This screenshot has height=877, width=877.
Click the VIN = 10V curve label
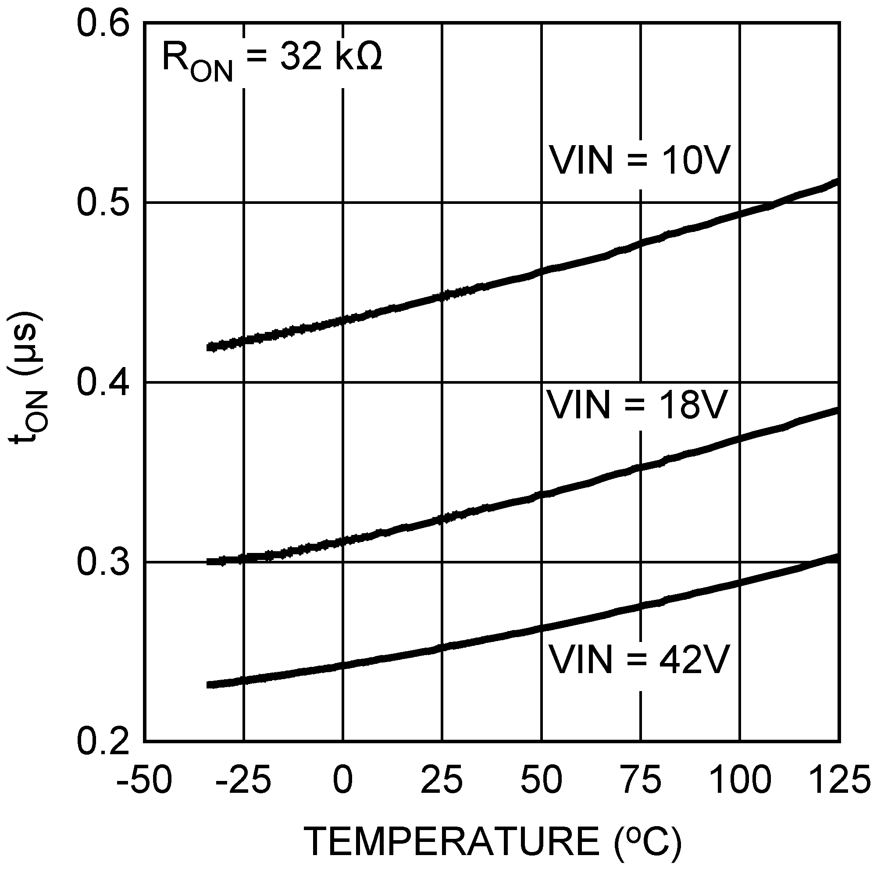[x=640, y=160]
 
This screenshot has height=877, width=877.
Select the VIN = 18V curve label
[x=637, y=404]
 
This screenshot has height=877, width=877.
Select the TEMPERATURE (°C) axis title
[x=494, y=841]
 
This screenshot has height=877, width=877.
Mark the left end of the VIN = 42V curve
[x=209, y=685]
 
